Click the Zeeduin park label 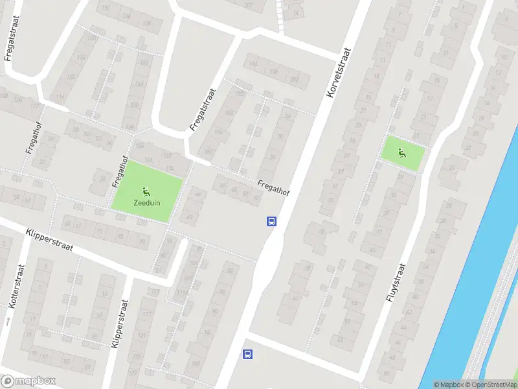(147, 202)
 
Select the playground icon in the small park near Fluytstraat (402, 153)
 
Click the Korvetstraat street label (339, 73)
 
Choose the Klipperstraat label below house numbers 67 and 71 (51, 241)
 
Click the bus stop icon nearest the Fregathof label (271, 222)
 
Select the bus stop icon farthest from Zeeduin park (247, 354)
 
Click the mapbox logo (28, 381)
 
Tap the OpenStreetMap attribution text (491, 384)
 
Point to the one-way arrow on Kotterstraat (8, 321)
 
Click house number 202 (295, 80)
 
